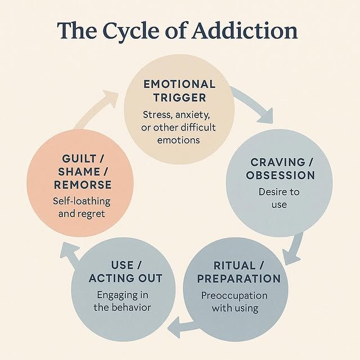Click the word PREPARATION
click(x=240, y=278)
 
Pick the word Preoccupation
click(x=235, y=296)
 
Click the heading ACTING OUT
click(x=126, y=278)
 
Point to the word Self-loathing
click(x=82, y=201)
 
